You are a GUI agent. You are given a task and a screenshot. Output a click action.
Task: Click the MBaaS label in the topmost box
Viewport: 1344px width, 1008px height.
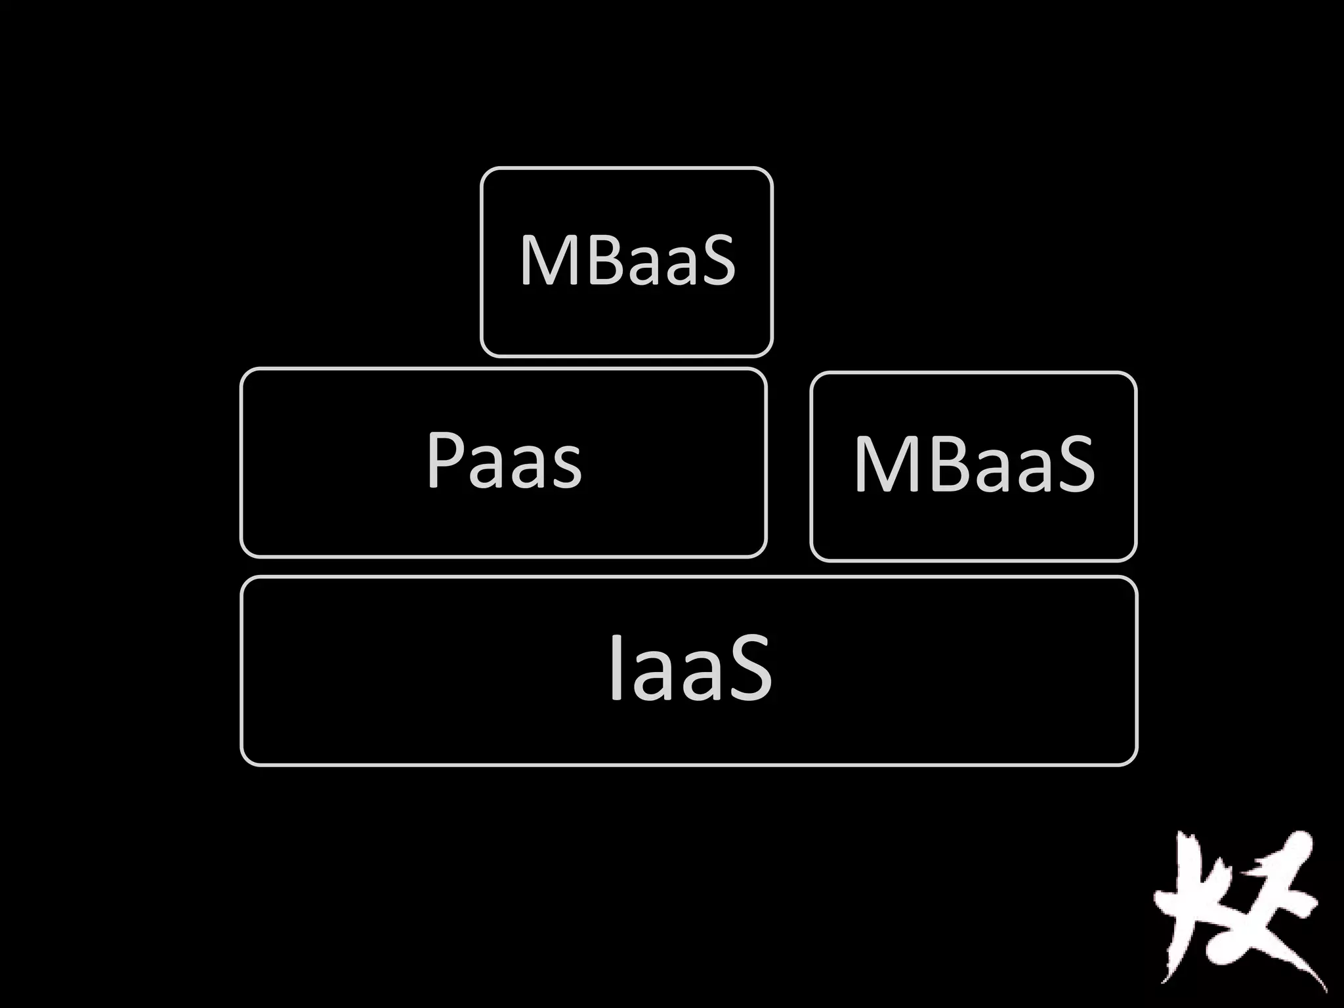[627, 261]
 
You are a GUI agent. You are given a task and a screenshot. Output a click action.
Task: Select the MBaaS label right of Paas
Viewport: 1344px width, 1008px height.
[974, 465]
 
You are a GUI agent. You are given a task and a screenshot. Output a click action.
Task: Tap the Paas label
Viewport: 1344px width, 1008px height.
[504, 461]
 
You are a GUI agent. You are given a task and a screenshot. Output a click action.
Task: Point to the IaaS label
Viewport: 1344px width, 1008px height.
[689, 669]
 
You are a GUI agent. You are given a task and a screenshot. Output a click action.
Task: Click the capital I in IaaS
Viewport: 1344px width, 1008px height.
[615, 668]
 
